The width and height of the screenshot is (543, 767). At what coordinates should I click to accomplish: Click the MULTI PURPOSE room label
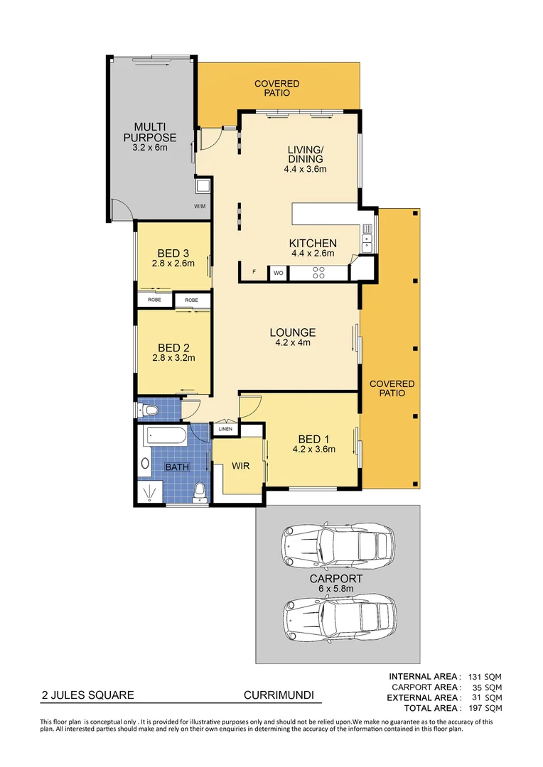[x=149, y=133]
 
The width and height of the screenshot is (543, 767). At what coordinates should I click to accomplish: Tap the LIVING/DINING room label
[x=306, y=154]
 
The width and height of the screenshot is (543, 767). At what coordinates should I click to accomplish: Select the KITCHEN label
[x=313, y=244]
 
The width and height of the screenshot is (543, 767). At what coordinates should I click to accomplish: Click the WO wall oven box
[x=278, y=273]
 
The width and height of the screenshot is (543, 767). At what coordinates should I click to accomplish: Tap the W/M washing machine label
[x=200, y=207]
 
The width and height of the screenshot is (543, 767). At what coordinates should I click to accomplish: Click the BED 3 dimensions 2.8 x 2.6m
[x=173, y=263]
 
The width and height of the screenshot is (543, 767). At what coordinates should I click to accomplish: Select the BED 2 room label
[x=173, y=348]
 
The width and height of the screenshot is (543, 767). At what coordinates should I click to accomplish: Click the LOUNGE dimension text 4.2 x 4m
[x=292, y=342]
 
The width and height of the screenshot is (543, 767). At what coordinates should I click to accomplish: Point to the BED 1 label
[x=313, y=439]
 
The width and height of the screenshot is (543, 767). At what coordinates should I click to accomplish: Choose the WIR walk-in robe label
[x=240, y=467]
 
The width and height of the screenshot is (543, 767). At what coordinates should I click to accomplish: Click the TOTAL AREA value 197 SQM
[x=485, y=708]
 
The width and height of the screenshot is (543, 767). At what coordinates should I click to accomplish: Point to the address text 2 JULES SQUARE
[x=87, y=696]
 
